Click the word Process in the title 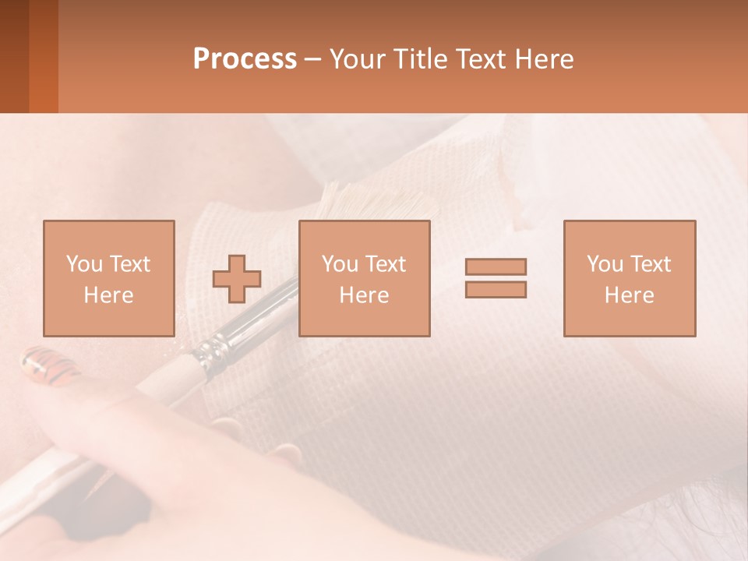pyautogui.click(x=245, y=59)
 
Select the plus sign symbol pyautogui.click(x=237, y=279)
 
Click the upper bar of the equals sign pyautogui.click(x=496, y=267)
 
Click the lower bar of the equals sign pyautogui.click(x=496, y=289)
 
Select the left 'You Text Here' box pyautogui.click(x=108, y=278)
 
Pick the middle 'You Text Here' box pyautogui.click(x=364, y=278)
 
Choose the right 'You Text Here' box pyautogui.click(x=629, y=278)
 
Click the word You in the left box pyautogui.click(x=83, y=264)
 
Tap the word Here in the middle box pyautogui.click(x=364, y=295)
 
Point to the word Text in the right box pyautogui.click(x=651, y=264)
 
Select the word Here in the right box pyautogui.click(x=629, y=295)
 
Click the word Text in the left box pyautogui.click(x=130, y=264)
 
